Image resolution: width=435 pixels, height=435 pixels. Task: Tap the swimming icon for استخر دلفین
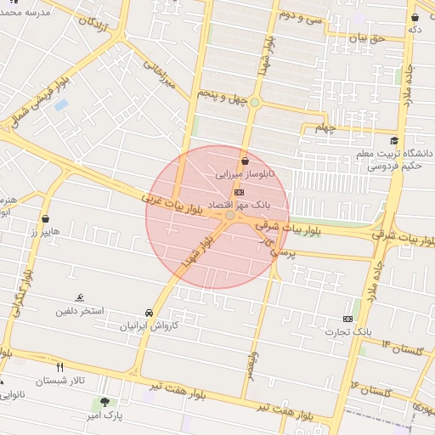79,297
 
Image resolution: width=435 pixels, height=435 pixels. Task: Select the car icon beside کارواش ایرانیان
150,312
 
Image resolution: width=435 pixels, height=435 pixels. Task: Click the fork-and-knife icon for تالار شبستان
59,368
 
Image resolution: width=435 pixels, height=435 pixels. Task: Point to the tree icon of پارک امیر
105,402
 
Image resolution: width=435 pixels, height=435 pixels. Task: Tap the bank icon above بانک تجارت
347,318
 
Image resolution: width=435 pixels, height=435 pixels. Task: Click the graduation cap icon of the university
393,141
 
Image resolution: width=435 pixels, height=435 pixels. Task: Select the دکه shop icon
415,17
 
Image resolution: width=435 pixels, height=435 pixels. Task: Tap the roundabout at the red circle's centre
230,216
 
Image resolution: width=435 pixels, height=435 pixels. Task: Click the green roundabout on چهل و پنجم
254,103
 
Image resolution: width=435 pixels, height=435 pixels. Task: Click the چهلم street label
326,128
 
